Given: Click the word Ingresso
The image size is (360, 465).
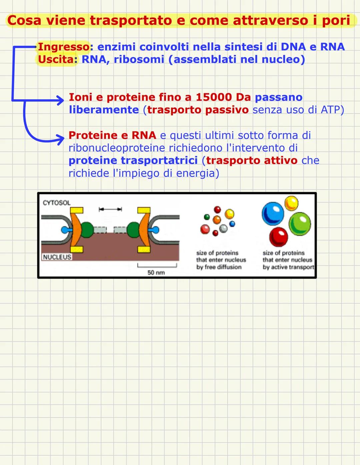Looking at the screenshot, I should click(x=63, y=47).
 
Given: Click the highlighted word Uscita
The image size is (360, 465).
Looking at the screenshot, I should click(x=56, y=60).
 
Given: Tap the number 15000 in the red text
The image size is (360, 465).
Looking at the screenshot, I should click(x=214, y=97).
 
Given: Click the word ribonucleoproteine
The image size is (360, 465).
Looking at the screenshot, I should click(x=117, y=148).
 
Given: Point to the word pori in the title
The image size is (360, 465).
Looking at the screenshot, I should click(x=336, y=20).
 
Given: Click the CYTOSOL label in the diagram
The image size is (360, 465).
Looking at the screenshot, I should click(x=57, y=203).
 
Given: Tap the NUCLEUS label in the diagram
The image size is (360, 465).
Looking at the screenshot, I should click(x=57, y=257).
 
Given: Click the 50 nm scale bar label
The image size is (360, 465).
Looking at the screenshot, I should click(x=156, y=272).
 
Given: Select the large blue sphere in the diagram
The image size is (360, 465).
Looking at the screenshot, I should click(x=273, y=214).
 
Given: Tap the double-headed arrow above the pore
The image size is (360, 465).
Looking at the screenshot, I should click(x=110, y=209).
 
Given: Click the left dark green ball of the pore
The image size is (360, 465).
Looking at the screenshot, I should click(x=87, y=229).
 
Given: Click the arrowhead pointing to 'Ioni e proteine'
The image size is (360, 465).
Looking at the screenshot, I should click(x=60, y=99).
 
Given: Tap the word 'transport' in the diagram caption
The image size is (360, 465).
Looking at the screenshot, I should click(x=301, y=267).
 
